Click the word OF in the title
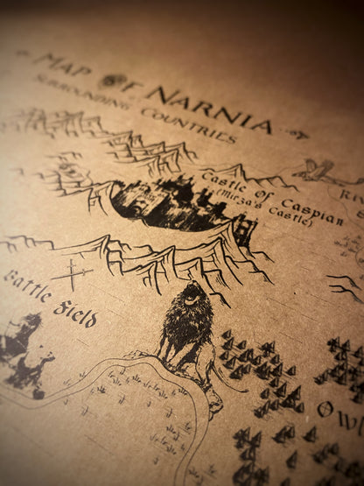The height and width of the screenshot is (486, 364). pyautogui.click(x=115, y=81)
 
